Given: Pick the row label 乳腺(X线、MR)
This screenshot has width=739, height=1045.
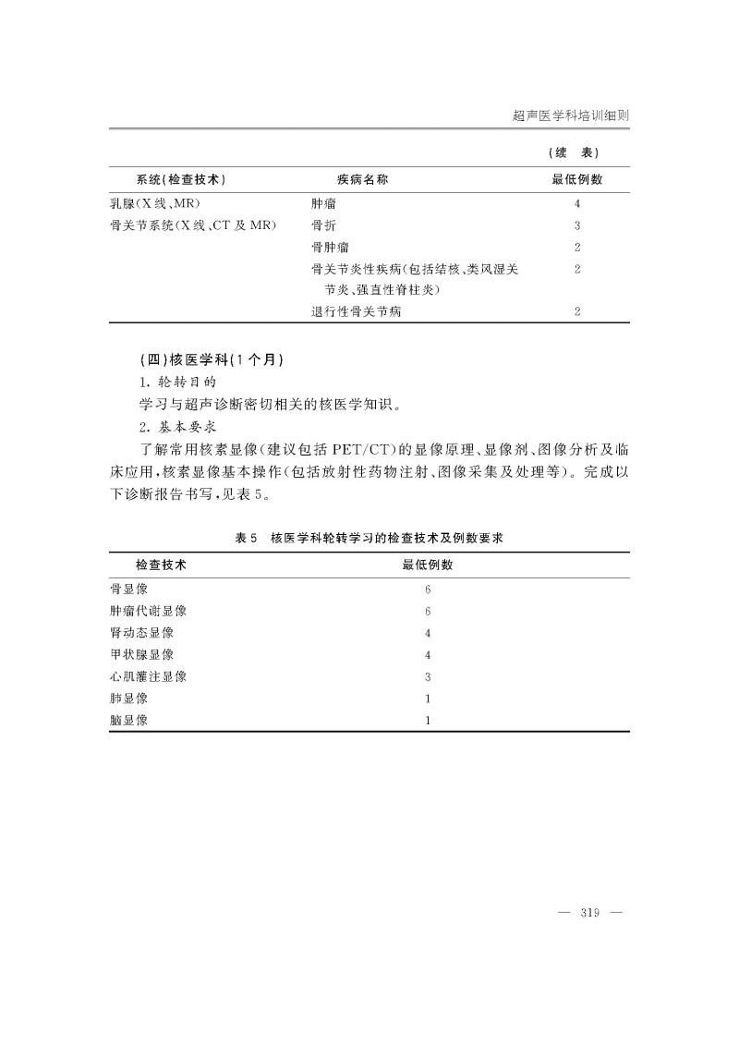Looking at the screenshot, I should pyautogui.click(x=155, y=202).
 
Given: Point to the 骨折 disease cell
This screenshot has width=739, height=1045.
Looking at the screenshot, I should pyautogui.click(x=323, y=225).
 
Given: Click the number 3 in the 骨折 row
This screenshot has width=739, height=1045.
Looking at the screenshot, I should pyautogui.click(x=576, y=225).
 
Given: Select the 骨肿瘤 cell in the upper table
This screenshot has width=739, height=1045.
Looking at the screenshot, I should pyautogui.click(x=330, y=247).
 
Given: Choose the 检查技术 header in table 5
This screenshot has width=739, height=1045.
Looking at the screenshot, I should pyautogui.click(x=161, y=565).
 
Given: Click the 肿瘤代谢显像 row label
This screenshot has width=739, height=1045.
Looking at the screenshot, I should pyautogui.click(x=148, y=611).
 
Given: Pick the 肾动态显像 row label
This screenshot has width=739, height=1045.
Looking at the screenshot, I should pyautogui.click(x=141, y=633).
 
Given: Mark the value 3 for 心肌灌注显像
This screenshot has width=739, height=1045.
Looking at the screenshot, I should pyautogui.click(x=428, y=676).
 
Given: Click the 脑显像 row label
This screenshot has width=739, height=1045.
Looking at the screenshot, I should pyautogui.click(x=128, y=721).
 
